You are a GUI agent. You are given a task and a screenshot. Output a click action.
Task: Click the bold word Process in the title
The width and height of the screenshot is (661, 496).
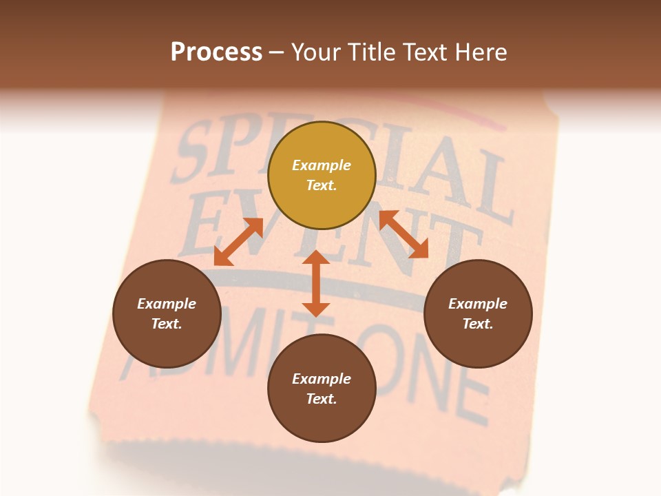click(216, 52)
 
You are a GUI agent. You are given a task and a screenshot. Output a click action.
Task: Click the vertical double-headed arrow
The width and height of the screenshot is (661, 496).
click(316, 283)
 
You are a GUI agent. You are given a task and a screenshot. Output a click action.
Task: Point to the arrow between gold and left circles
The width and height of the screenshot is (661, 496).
click(238, 241)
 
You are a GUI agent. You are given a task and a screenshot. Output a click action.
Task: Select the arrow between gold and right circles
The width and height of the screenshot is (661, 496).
click(403, 234)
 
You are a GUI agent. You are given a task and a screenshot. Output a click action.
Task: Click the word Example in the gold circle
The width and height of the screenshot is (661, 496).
click(322, 165)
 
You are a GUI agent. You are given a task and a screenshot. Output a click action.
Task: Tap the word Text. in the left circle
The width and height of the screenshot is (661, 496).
click(167, 324)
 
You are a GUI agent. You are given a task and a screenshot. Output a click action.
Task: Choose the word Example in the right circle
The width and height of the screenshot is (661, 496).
click(478, 304)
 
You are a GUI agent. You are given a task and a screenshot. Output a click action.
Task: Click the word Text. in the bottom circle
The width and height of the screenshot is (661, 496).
click(322, 399)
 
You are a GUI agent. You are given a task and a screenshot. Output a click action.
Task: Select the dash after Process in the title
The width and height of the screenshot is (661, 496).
click(276, 53)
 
